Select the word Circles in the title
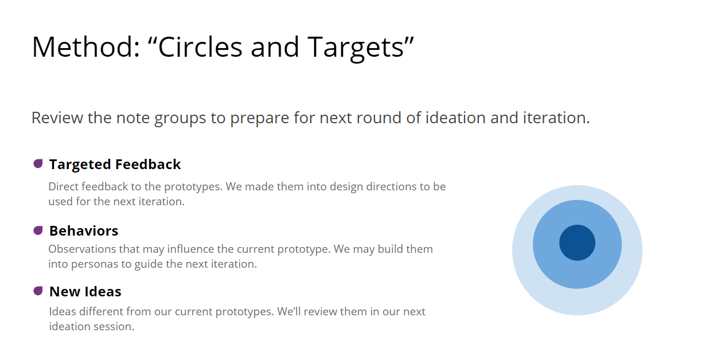[200, 47]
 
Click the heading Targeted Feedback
[115, 165]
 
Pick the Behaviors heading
[84, 230]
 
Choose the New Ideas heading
[85, 291]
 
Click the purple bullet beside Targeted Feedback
[38, 164]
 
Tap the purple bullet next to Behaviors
[38, 230]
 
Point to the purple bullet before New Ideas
[38, 291]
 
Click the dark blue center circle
[577, 243]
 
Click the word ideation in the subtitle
[455, 118]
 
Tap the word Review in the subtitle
[57, 118]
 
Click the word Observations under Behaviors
[82, 249]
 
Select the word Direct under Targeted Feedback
[63, 186]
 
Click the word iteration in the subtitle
[556, 118]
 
